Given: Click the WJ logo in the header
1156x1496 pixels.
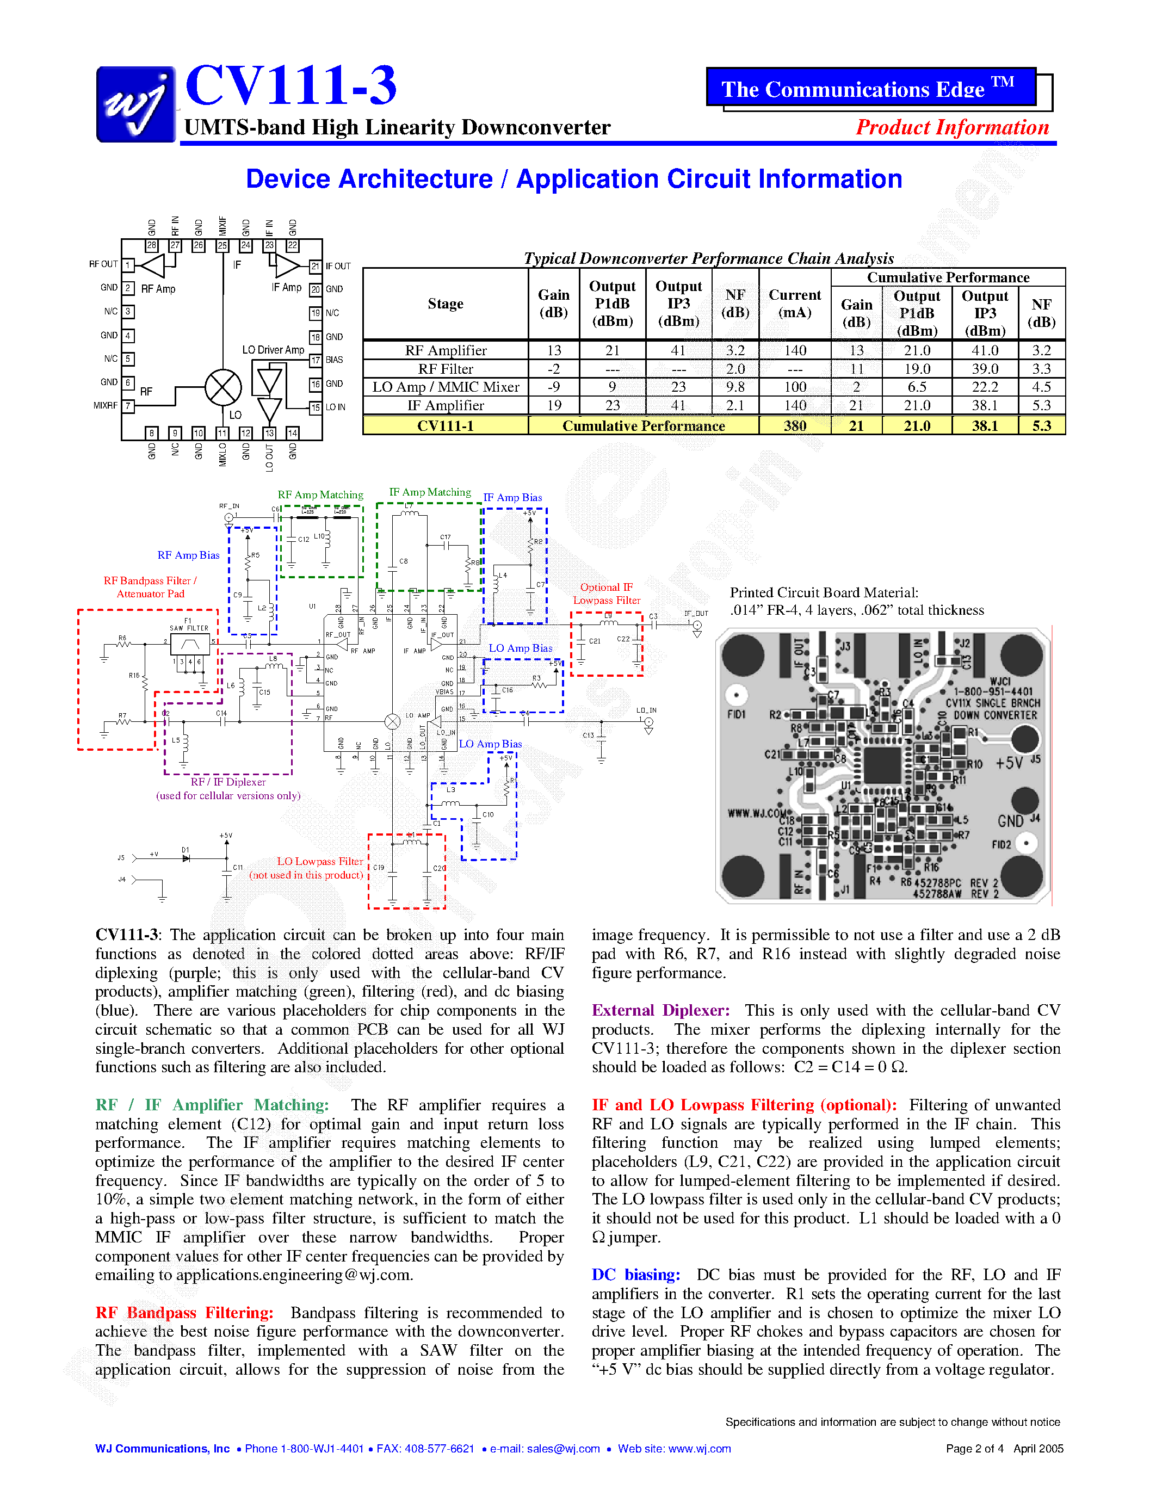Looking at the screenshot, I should pos(135,104).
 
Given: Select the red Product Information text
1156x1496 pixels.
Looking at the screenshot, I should pos(952,127).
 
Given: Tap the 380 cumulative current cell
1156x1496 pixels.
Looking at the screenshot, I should pos(794,426).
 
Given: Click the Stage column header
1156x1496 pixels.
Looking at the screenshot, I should pos(445,304).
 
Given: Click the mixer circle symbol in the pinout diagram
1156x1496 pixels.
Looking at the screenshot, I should pos(223,388).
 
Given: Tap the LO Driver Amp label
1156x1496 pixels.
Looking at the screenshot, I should pos(273,350).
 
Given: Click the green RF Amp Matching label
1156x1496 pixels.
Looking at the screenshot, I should pos(320,494).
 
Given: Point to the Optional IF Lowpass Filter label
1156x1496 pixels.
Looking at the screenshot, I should pos(606,594).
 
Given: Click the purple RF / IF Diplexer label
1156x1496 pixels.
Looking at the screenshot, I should pos(228,782).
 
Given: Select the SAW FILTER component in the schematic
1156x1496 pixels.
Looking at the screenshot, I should pos(190,644).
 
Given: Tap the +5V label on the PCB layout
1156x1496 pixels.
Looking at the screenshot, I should pos(1009,763).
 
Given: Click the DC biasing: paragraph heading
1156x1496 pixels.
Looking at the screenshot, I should pos(635,1275).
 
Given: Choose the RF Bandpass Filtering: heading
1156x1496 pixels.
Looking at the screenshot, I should pos(184,1313).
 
